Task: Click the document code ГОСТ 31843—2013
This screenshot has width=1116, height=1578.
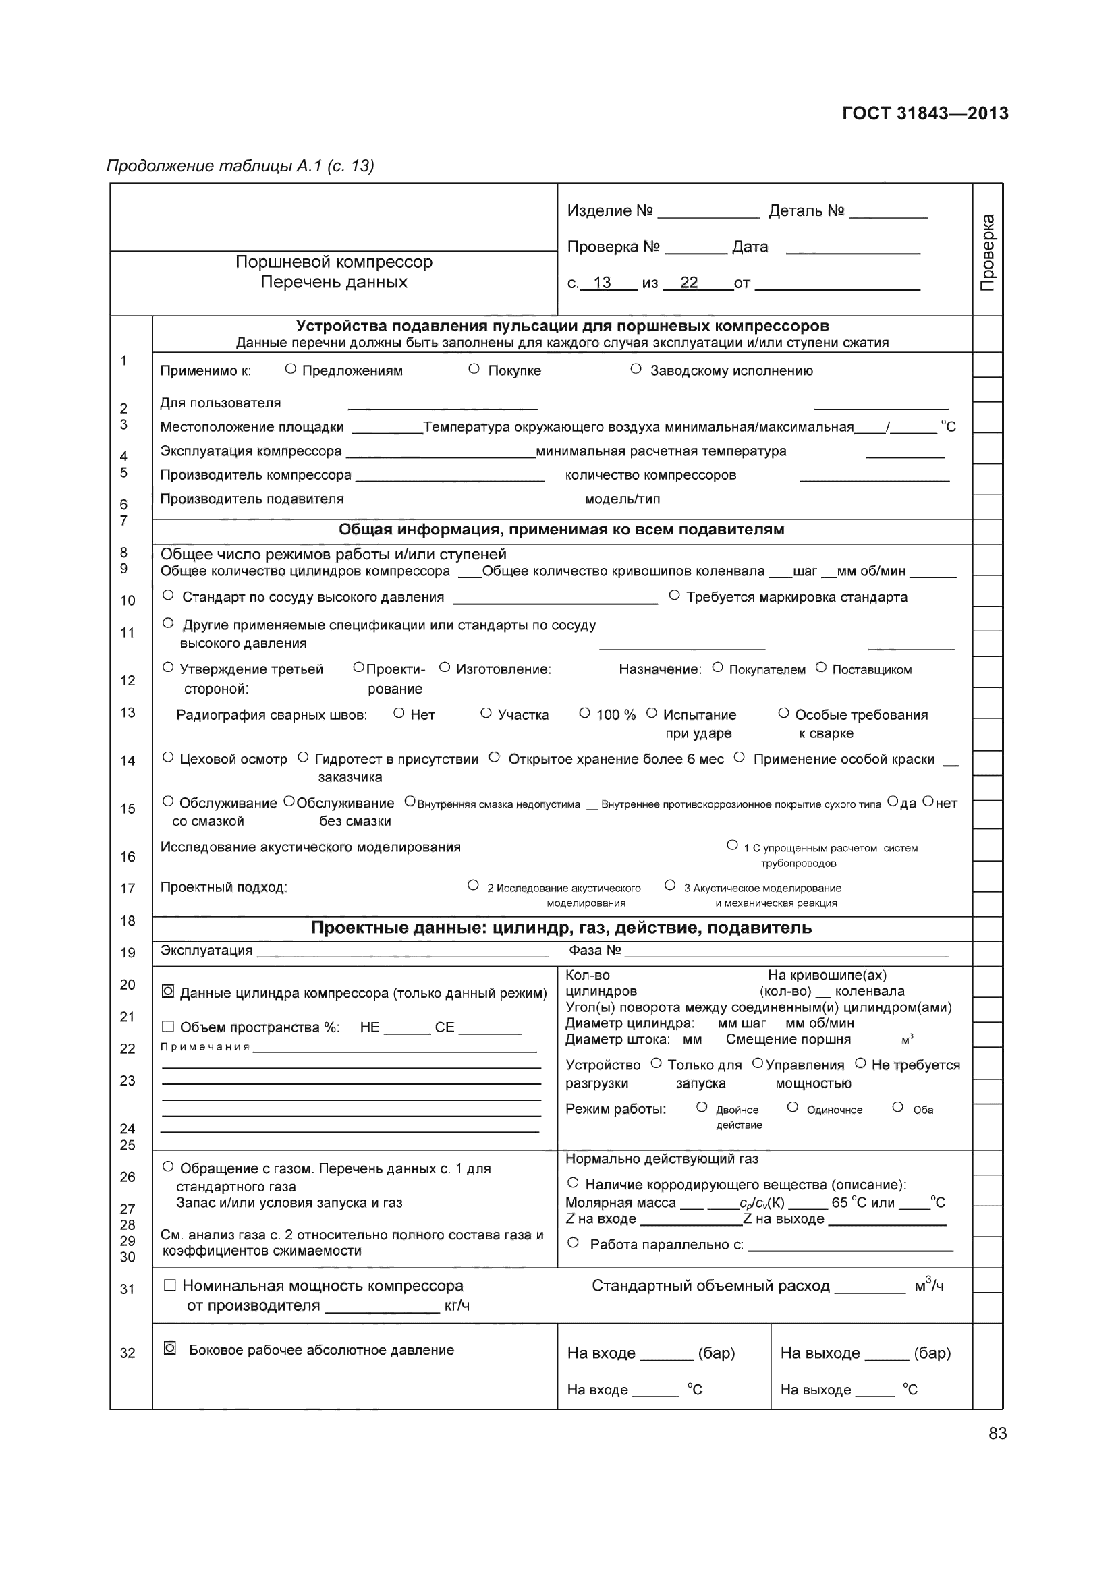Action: point(924,113)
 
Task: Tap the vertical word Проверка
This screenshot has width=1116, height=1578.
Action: point(988,252)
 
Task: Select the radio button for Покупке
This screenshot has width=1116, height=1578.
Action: point(474,369)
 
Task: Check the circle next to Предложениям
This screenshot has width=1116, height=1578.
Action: point(290,369)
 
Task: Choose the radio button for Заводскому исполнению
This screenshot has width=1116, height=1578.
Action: point(636,369)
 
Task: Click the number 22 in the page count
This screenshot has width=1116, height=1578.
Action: point(689,283)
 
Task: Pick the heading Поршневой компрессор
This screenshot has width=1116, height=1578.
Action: point(334,262)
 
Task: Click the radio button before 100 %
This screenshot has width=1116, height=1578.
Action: point(585,713)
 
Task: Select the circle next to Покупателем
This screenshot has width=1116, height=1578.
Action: point(717,667)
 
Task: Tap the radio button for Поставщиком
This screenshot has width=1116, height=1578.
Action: point(820,667)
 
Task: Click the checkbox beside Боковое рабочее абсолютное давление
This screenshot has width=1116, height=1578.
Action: point(170,1349)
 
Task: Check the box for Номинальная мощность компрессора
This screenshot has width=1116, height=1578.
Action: point(170,1285)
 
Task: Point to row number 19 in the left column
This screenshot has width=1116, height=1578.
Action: point(128,953)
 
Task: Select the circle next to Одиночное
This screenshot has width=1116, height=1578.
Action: point(792,1107)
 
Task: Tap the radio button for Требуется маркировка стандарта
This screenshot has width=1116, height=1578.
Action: point(674,595)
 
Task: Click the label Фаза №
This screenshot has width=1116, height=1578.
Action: point(594,951)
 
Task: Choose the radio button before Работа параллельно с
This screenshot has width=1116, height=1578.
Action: point(574,1243)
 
